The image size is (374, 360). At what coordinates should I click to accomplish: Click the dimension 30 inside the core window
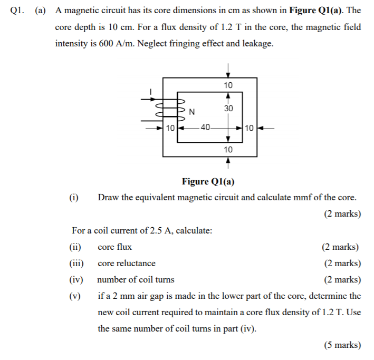228,108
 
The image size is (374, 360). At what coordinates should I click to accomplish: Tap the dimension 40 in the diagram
205,127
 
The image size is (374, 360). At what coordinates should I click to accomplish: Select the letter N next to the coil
191,111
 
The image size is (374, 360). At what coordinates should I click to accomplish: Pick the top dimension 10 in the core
228,85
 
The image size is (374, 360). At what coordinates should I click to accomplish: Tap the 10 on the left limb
170,128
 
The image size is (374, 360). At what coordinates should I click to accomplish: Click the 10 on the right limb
250,128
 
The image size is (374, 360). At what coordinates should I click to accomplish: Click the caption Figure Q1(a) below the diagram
208,182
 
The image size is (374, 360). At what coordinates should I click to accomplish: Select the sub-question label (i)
73,198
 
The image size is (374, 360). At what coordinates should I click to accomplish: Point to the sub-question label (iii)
76,263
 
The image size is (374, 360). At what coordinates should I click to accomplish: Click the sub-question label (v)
75,296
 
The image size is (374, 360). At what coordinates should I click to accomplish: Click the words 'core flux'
114,247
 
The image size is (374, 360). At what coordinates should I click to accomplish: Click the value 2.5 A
159,230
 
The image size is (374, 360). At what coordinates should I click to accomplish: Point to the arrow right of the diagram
267,128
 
